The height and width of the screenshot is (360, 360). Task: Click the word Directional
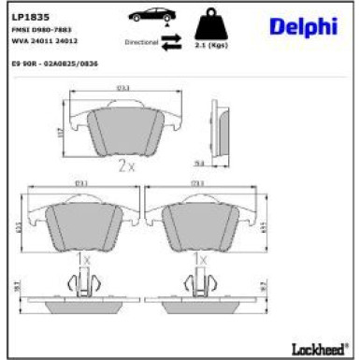click(x=141, y=43)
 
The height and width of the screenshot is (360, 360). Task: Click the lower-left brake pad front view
click(x=80, y=223)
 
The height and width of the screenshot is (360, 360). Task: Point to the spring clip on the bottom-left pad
click(x=81, y=281)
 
